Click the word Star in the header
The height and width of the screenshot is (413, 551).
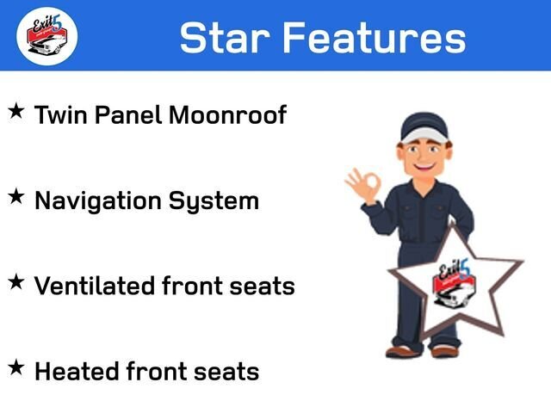pos(225,37)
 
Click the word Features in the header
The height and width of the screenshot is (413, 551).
pos(375,37)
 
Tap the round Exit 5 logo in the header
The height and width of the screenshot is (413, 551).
pos(46,36)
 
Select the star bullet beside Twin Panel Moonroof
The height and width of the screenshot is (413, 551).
pos(16,111)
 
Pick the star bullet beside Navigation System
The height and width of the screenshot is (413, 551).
pos(16,196)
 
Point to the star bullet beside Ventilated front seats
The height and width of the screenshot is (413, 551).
pos(16,282)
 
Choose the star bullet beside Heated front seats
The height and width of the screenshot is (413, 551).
pos(16,367)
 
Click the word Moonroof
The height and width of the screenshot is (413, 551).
pos(227,114)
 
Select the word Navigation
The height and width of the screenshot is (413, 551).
pos(98,201)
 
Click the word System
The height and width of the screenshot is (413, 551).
pos(214,201)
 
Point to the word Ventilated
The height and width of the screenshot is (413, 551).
pos(95,286)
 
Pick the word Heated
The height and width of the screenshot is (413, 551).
pos(77,371)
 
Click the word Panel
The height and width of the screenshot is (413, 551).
pos(128,114)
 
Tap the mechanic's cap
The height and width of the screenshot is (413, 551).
pos(424,128)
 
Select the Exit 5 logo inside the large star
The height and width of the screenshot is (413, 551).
pos(455,283)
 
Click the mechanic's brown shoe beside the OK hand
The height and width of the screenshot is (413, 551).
pos(400,351)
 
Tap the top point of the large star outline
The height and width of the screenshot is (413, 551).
pos(452,227)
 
